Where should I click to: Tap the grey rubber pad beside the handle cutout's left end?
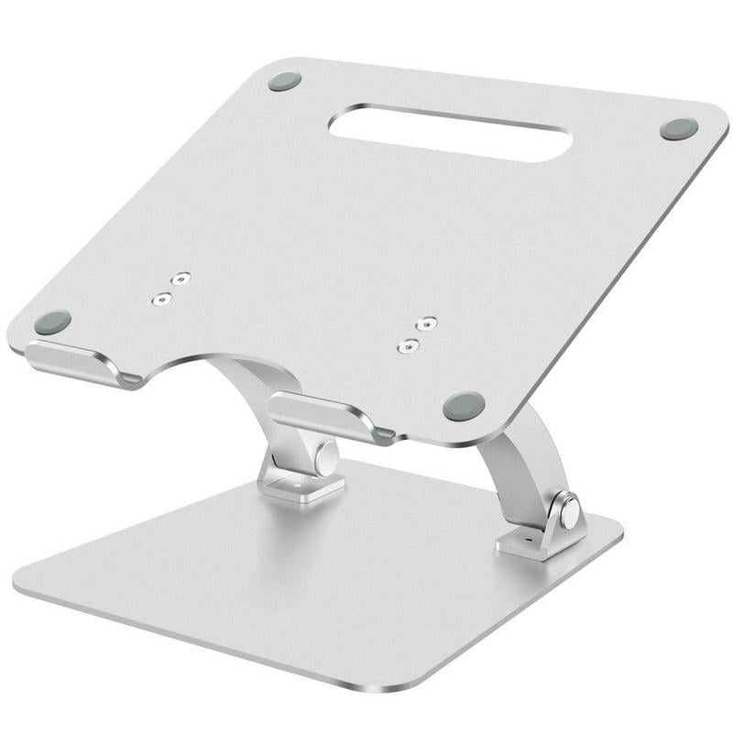click(285, 81)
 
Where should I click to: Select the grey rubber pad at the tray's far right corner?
click(679, 129)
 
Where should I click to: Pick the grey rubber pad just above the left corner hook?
click(53, 322)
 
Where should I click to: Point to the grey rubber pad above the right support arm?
click(465, 404)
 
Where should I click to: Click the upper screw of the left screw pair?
click(183, 279)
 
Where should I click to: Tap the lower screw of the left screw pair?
click(163, 299)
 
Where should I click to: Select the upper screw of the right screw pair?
click(425, 324)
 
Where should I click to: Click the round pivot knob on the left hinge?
click(327, 453)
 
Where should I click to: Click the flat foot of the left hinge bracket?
click(302, 485)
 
